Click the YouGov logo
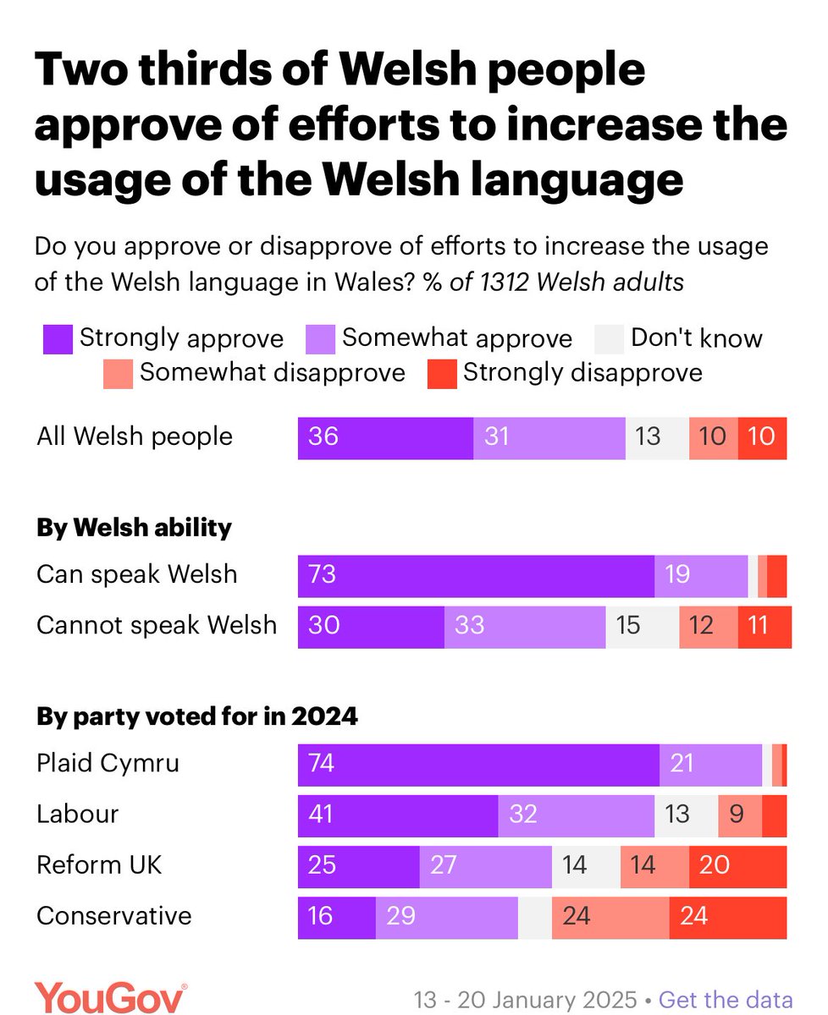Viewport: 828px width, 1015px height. pyautogui.click(x=110, y=997)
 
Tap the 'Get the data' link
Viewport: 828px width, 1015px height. pyautogui.click(x=726, y=998)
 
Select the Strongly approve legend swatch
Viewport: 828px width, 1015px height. pyautogui.click(x=58, y=339)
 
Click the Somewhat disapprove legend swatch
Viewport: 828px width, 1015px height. pyautogui.click(x=119, y=373)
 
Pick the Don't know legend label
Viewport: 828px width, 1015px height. pyautogui.click(x=697, y=338)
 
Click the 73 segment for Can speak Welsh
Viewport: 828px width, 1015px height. pyautogui.click(x=476, y=575)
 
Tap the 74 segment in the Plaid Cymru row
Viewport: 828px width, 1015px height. pyautogui.click(x=478, y=764)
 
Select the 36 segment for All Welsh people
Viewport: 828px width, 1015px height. pyautogui.click(x=385, y=437)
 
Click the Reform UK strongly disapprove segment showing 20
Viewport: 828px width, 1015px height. pyautogui.click(x=737, y=865)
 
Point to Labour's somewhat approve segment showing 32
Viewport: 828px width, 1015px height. pyautogui.click(x=576, y=815)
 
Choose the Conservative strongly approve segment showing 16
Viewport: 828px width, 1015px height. pyautogui.click(x=336, y=916)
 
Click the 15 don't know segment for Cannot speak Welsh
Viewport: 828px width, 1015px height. pyautogui.click(x=642, y=626)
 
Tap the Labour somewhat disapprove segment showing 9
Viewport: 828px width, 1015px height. pyautogui.click(x=739, y=815)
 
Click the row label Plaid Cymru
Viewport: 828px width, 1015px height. pyautogui.click(x=108, y=764)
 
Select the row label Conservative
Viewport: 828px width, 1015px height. pyautogui.click(x=114, y=916)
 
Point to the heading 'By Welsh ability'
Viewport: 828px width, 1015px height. pyautogui.click(x=134, y=528)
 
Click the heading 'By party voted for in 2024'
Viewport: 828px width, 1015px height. pyautogui.click(x=196, y=717)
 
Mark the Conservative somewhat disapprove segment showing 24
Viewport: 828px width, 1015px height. pyautogui.click(x=610, y=916)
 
